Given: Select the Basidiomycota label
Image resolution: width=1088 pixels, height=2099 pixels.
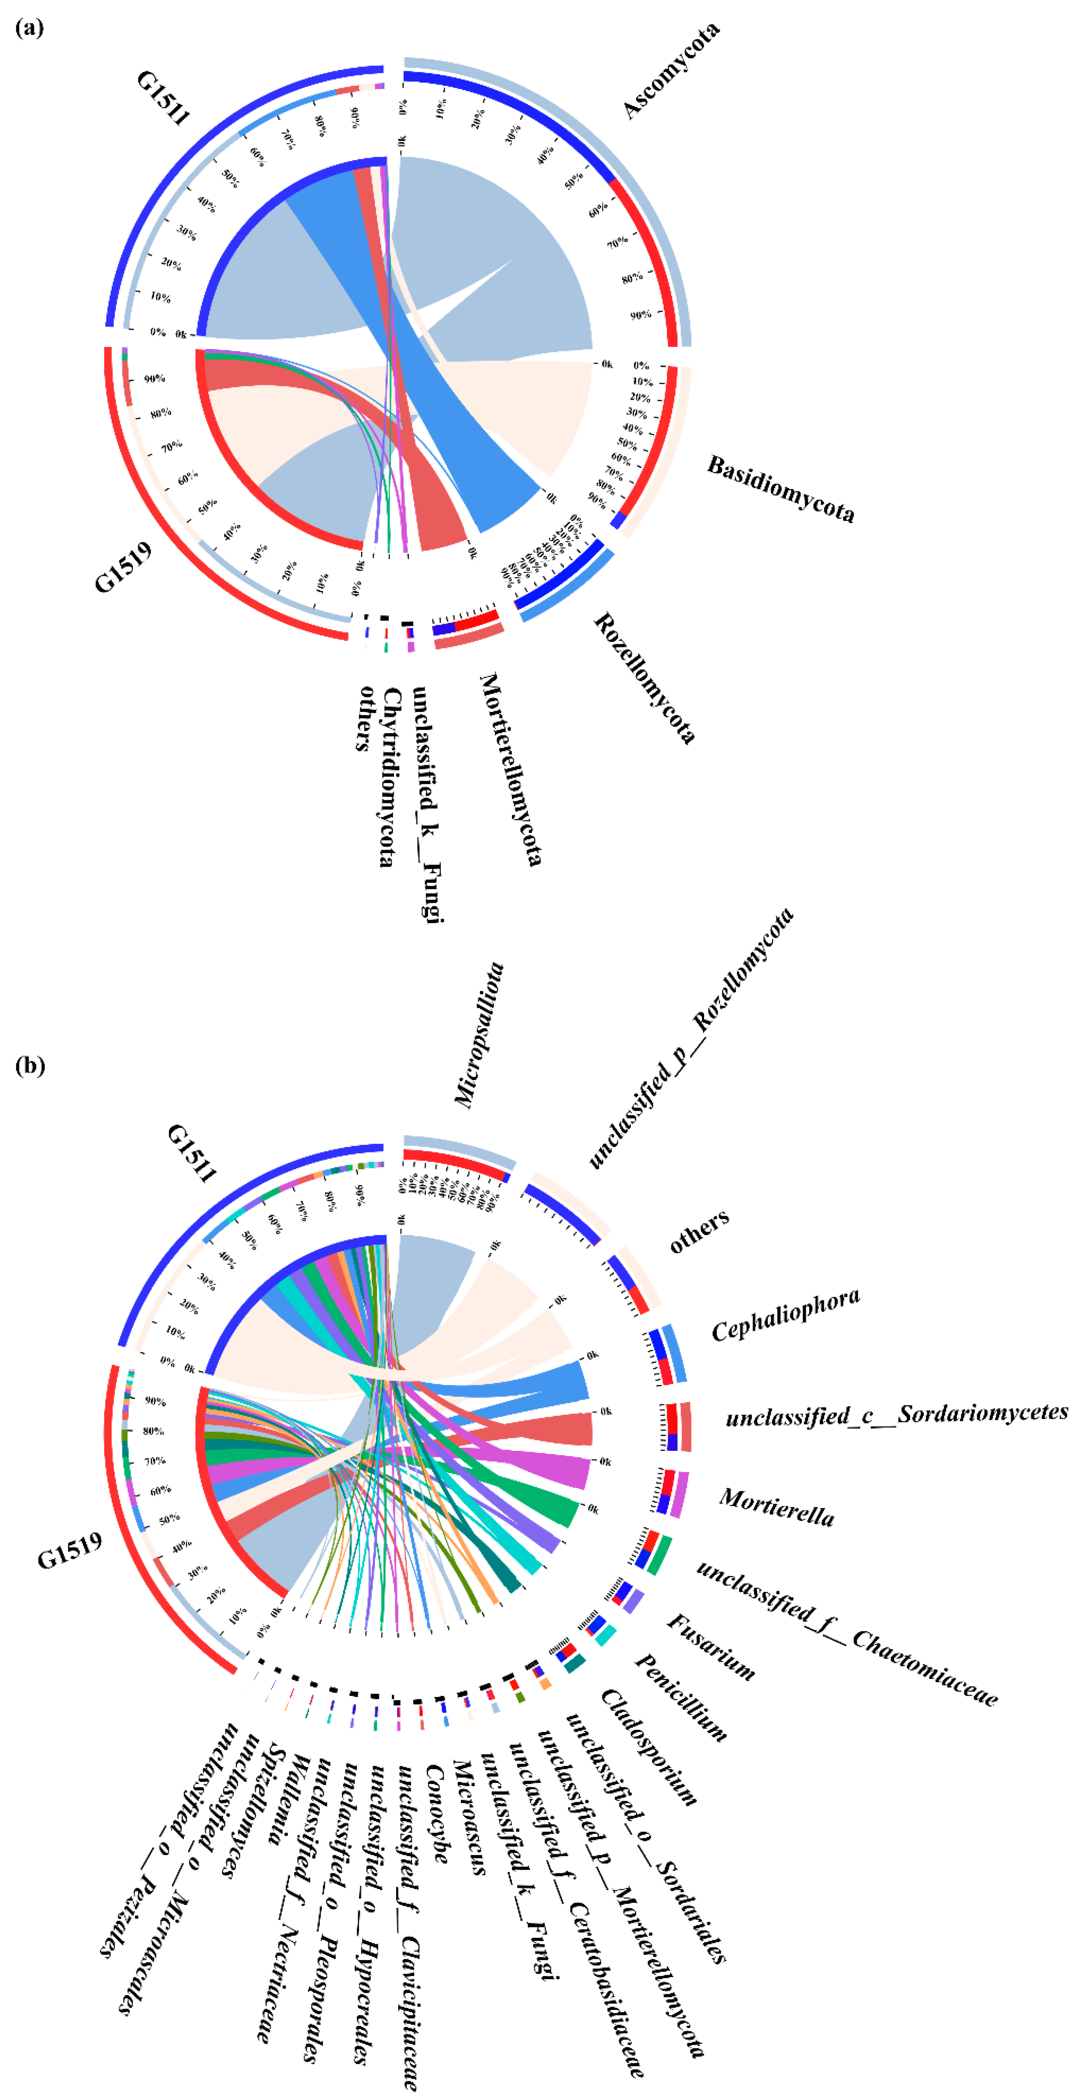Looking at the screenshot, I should point(780,489).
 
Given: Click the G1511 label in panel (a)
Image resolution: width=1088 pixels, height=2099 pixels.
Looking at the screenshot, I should point(162,97).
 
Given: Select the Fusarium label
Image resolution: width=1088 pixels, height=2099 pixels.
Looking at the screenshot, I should point(711,1646).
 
